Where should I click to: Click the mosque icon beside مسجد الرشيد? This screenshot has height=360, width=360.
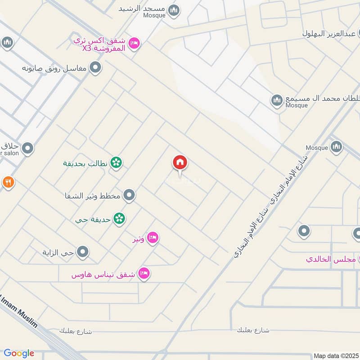pos(174,10)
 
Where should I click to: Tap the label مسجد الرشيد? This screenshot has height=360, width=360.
pos(143,9)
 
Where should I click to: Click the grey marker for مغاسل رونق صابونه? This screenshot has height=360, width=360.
pos(95,68)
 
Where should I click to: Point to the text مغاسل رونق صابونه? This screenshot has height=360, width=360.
pos(55,69)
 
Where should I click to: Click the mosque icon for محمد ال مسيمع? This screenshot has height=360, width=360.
pos(277,99)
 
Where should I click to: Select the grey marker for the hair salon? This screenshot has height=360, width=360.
pos(28,148)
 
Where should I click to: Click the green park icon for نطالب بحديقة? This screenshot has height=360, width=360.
pos(116,162)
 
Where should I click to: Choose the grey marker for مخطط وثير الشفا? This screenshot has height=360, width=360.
pos(129,195)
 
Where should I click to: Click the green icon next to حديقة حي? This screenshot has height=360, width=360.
pos(119,219)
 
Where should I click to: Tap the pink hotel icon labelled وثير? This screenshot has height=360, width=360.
pos(153,238)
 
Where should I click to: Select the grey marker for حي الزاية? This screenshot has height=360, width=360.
pos(82,252)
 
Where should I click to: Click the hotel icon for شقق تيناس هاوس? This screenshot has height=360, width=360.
pos(144,273)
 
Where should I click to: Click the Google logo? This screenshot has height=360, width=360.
pos(19,353)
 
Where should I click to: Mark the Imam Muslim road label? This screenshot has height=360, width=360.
pos(20,310)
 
